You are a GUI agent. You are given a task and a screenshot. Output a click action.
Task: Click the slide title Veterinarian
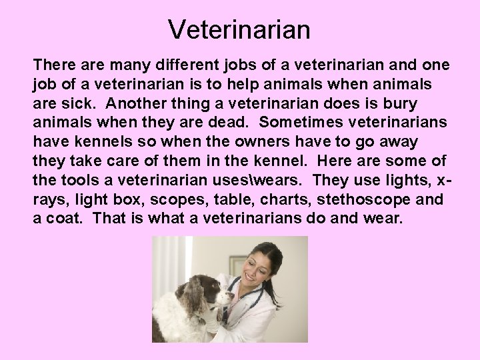coord(239,29)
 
